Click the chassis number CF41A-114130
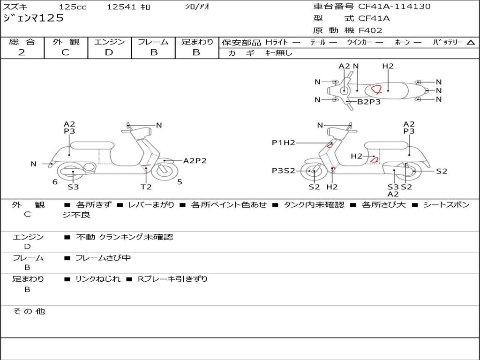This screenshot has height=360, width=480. [394, 7]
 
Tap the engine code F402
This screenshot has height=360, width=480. [370, 30]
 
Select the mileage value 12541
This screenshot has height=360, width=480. [121, 7]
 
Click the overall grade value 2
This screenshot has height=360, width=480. [22, 52]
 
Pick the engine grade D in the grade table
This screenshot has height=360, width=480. [109, 52]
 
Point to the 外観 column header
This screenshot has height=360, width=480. [66, 42]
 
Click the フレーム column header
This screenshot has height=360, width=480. [153, 42]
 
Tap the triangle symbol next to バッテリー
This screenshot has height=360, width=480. [471, 43]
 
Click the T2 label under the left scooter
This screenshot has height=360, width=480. [146, 187]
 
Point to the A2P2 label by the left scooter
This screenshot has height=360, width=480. [195, 161]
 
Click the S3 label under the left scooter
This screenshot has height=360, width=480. [73, 187]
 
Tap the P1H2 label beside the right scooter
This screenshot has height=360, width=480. [283, 142]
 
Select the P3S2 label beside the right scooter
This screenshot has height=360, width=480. [283, 171]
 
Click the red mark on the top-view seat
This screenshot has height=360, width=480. [376, 89]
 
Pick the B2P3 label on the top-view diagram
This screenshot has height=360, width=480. [368, 101]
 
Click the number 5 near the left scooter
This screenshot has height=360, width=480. [180, 181]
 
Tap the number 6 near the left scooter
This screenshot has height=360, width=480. [55, 181]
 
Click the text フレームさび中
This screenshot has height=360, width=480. [103, 258]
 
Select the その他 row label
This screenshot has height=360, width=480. [29, 311]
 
